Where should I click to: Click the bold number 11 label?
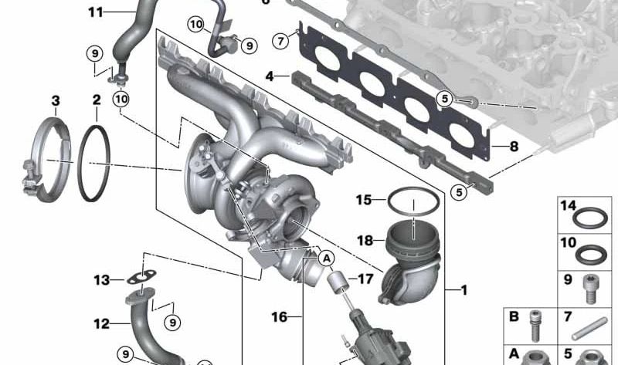point(96,12)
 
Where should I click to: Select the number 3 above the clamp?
point(56,101)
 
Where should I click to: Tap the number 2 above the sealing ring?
point(97,100)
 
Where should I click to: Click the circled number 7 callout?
point(280,40)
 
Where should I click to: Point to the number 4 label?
point(270,76)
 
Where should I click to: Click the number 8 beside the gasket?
point(514,147)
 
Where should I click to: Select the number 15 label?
point(364,200)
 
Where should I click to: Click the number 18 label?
point(365,240)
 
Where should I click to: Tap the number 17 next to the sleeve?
point(365,279)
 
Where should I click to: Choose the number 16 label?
point(280,316)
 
